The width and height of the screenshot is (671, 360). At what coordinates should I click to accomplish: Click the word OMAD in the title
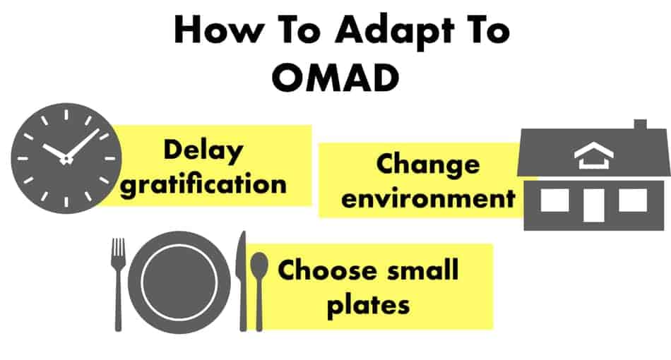(x=335, y=78)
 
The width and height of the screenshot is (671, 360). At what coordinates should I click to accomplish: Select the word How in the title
(x=219, y=30)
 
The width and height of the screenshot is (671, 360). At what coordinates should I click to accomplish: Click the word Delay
(x=203, y=151)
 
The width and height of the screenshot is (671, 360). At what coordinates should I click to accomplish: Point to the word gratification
(x=203, y=185)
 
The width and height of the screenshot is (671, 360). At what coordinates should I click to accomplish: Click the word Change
(x=428, y=165)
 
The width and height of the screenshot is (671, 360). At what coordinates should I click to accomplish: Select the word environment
(x=428, y=198)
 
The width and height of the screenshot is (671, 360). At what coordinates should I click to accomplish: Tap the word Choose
(x=326, y=270)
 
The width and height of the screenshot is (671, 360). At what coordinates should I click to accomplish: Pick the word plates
(x=369, y=304)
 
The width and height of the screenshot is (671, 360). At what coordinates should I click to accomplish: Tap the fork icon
(x=119, y=284)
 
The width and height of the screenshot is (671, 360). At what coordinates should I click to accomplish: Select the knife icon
(x=242, y=282)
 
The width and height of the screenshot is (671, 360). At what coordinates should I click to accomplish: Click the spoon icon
(x=259, y=291)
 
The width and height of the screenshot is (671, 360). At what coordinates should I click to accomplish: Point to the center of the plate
(x=179, y=282)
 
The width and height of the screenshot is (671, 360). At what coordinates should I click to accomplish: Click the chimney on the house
(x=640, y=124)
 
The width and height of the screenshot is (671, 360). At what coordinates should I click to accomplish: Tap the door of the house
(x=594, y=205)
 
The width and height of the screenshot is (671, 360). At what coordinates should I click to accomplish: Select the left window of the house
(x=554, y=200)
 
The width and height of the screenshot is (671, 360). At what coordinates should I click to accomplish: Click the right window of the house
(x=633, y=200)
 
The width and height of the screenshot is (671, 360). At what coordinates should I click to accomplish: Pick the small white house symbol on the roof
(x=594, y=155)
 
